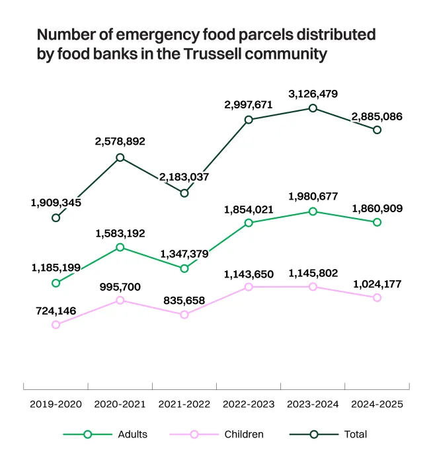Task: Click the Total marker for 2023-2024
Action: point(313,108)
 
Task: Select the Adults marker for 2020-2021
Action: point(120,247)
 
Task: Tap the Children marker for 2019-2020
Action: point(56,325)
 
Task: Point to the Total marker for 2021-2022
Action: point(184,193)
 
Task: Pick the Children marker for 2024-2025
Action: point(377,297)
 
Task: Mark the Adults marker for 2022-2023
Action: point(249,223)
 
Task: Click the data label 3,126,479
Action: point(313,94)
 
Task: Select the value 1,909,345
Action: point(56,203)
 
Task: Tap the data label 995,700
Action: point(120,286)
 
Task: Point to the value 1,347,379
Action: point(184,254)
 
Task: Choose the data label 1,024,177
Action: point(377,284)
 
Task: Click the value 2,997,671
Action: point(249,105)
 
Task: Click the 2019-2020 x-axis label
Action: point(56,403)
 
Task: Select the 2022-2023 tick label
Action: point(249,403)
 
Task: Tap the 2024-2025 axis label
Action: point(377,403)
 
